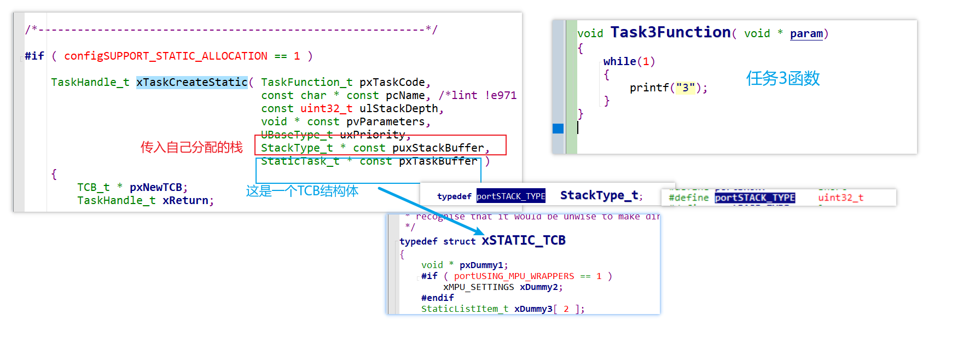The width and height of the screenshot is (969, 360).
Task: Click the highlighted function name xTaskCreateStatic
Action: tap(192, 82)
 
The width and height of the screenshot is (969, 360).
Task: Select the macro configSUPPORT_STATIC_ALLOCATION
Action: tap(166, 56)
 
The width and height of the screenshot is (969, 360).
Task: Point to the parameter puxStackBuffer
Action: tap(438, 148)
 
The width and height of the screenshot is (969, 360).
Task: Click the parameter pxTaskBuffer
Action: tap(438, 161)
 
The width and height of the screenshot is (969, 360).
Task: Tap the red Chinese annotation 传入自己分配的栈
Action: tap(192, 147)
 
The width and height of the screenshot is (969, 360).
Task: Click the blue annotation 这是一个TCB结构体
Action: tap(302, 191)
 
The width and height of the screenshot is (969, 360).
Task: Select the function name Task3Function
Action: tap(670, 33)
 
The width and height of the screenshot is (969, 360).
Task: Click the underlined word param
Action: tap(806, 34)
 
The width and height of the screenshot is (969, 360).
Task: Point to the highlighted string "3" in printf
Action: tap(685, 88)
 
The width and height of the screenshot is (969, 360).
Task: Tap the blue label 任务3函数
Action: tap(783, 78)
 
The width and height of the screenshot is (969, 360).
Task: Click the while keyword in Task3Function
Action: tap(619, 61)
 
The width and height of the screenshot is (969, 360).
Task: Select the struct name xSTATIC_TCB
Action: tap(524, 241)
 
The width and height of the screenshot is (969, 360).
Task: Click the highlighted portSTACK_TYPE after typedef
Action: tap(510, 196)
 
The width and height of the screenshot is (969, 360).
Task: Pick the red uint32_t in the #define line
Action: tap(840, 198)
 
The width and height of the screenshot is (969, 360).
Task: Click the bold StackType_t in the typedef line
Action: tap(599, 195)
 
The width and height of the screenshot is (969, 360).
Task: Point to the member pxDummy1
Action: tap(481, 265)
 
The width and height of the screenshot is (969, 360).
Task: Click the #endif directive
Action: tap(437, 298)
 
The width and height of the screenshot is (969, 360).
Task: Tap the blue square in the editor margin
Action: tap(558, 129)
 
